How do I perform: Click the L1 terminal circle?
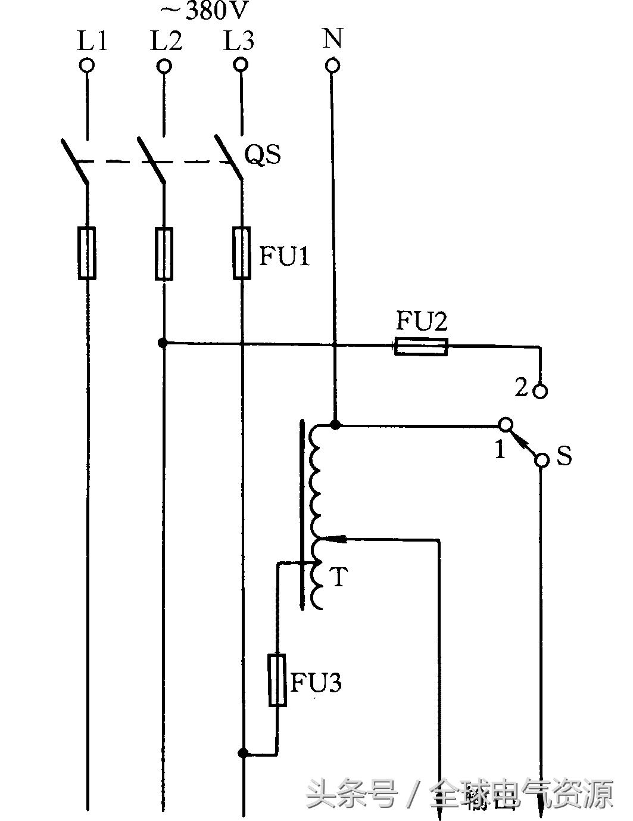tap(88, 66)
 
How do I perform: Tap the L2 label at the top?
tap(166, 41)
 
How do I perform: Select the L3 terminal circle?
tap(240, 65)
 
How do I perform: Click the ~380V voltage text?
tap(205, 10)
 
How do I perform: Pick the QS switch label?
tap(263, 156)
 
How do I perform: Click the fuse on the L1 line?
tap(88, 253)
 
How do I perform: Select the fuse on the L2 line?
tap(164, 253)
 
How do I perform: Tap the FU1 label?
tap(285, 257)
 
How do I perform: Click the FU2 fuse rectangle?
tap(421, 346)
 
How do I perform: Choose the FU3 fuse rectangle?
tap(277, 680)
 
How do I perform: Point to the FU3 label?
tap(316, 683)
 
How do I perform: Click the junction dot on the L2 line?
tap(163, 343)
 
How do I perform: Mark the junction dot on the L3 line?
tap(242, 753)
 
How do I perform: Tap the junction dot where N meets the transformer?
tap(335, 425)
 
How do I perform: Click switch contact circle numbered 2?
tap(540, 391)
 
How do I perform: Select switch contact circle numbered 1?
tap(505, 425)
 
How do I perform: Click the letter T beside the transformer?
tap(338, 577)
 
